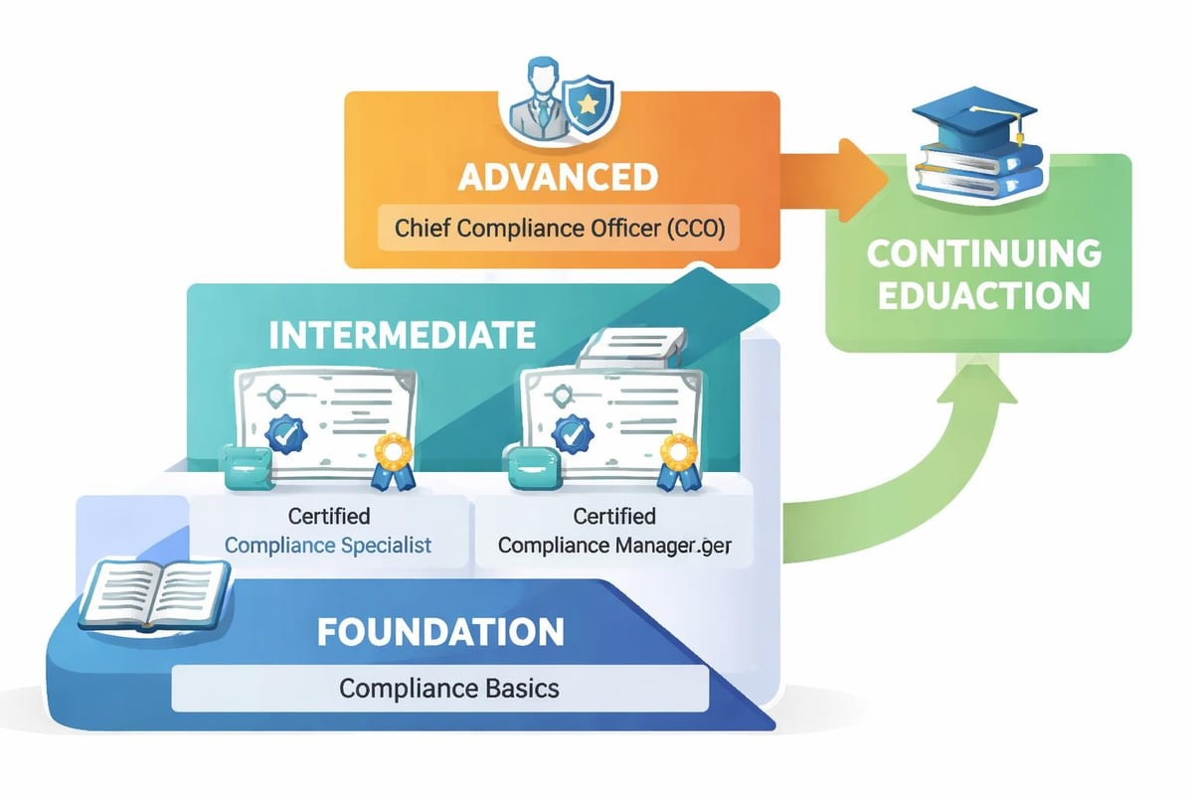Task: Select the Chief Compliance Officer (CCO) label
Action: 559,228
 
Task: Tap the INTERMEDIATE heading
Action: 403,335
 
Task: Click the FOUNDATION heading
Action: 440,632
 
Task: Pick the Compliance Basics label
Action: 440,688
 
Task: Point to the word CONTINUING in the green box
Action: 983,253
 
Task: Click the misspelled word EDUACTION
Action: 983,297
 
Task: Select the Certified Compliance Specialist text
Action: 328,531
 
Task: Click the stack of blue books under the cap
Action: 980,170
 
